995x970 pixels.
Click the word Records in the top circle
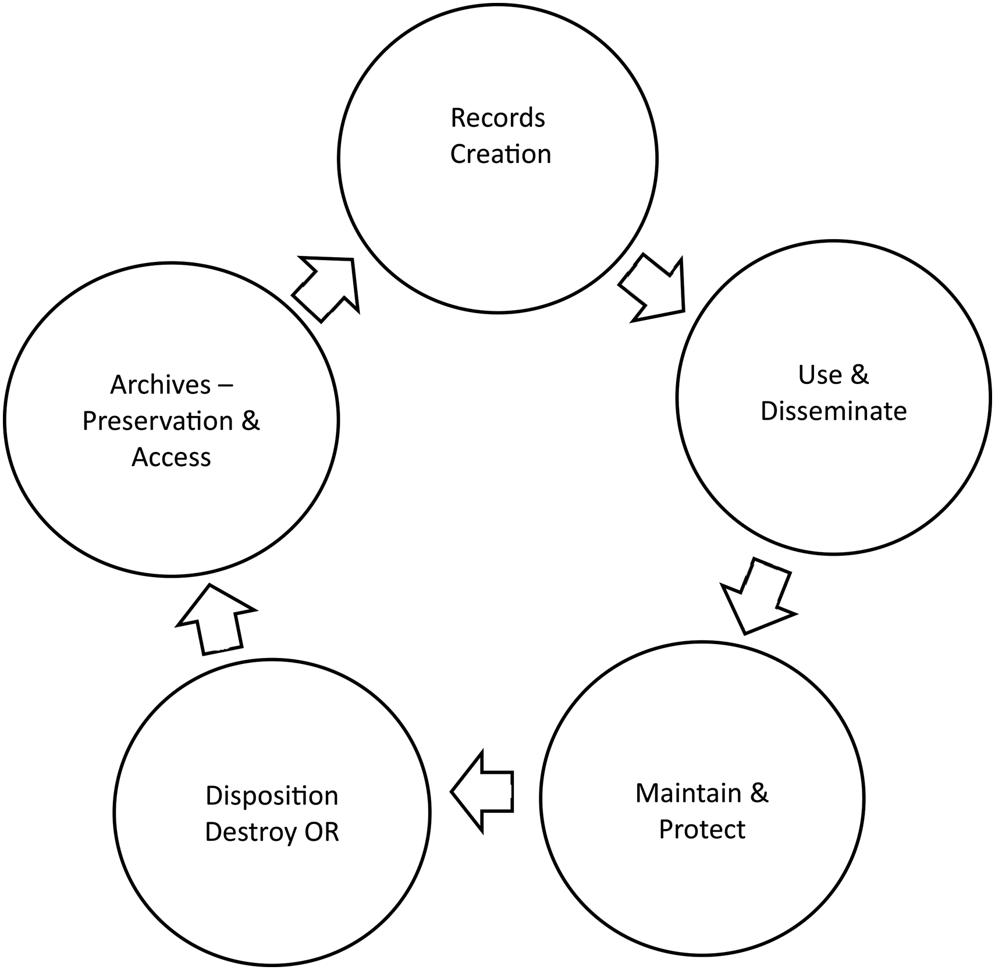[x=497, y=118]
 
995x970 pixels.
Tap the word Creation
[x=500, y=154]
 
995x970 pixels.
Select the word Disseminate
[x=833, y=411]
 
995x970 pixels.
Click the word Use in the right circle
[x=819, y=375]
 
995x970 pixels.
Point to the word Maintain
[x=688, y=793]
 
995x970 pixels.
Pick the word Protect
[x=702, y=829]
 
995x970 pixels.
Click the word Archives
[x=160, y=385]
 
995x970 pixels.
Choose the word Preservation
[x=157, y=421]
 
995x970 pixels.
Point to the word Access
[x=171, y=457]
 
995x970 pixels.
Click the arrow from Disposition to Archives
[x=215, y=620]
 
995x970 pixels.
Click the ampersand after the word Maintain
[x=759, y=793]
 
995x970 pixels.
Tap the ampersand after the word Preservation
[x=250, y=421]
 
